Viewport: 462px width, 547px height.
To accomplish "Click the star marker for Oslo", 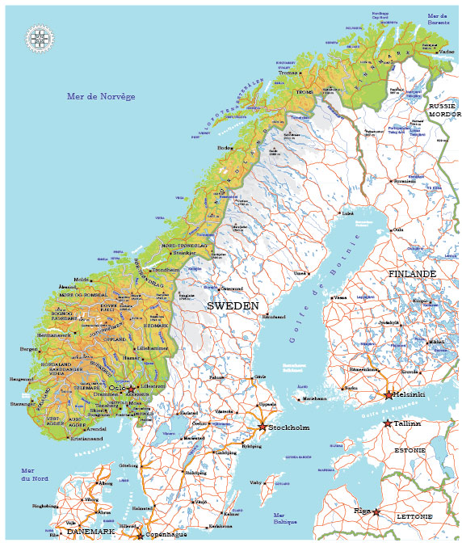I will (x=131, y=389).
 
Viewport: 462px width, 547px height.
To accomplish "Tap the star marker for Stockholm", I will (x=262, y=427).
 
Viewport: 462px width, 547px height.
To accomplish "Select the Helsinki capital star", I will (x=388, y=395).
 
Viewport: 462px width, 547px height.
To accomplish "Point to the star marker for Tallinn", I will (x=388, y=423).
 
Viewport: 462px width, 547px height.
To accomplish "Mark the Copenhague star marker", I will (x=140, y=536).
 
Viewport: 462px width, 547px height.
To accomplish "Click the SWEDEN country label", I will (x=233, y=306).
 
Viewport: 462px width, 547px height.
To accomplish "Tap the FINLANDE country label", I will (x=412, y=275).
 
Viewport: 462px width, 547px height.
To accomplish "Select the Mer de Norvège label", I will (x=100, y=97).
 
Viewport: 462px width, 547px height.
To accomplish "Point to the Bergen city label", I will (x=29, y=350).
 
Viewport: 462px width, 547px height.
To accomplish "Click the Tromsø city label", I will (x=288, y=73).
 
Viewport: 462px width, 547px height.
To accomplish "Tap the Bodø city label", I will (x=225, y=148).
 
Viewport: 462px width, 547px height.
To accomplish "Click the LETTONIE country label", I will (x=414, y=515).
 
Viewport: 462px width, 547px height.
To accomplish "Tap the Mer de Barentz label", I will (x=438, y=19).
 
